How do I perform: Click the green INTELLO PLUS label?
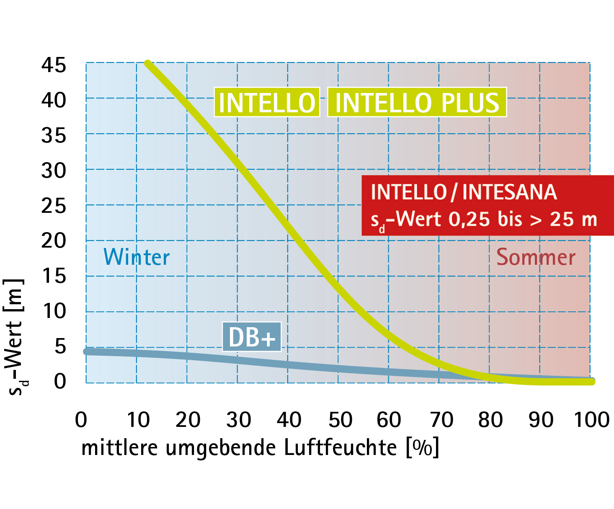(x=417, y=102)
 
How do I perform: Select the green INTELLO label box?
(x=267, y=102)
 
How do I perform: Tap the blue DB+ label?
(x=252, y=336)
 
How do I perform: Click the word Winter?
(x=137, y=257)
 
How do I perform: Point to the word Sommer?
(x=536, y=257)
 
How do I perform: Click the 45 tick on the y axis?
(x=54, y=65)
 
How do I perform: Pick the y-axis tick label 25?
(x=54, y=206)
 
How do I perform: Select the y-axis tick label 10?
(x=54, y=311)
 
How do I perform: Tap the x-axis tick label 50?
(x=340, y=420)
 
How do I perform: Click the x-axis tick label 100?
(x=591, y=420)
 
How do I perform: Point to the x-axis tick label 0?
(x=81, y=420)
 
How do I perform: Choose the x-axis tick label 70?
(x=441, y=420)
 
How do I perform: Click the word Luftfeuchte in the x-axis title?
(x=340, y=447)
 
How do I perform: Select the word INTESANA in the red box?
(x=509, y=192)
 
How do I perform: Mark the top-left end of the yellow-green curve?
(x=147, y=64)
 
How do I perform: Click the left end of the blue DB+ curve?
(x=87, y=351)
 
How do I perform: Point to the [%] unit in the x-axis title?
(x=423, y=447)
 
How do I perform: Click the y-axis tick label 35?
(x=54, y=136)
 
